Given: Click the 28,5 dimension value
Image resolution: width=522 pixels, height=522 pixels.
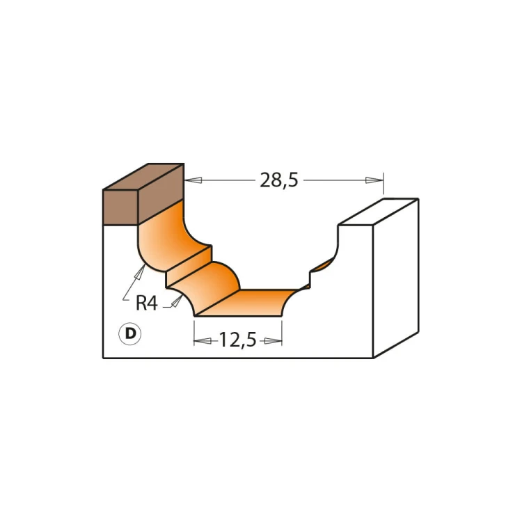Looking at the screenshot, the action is [x=278, y=180].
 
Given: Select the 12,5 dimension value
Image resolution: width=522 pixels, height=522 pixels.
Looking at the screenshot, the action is [x=238, y=340].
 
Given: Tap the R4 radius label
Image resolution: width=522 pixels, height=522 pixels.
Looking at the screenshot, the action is [x=146, y=303].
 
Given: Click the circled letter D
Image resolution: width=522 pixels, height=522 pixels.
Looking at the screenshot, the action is [x=130, y=333].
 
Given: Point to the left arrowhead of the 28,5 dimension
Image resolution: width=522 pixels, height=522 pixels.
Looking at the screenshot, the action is [x=193, y=180].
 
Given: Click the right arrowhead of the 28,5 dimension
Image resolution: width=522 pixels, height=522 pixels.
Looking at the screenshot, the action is [x=374, y=180].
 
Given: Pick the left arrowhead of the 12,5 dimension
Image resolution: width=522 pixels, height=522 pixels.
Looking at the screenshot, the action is [x=203, y=341].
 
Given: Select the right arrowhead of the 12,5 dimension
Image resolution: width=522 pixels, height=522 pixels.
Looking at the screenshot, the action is [x=274, y=341].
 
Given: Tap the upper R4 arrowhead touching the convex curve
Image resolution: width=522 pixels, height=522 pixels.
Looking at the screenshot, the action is [x=140, y=271].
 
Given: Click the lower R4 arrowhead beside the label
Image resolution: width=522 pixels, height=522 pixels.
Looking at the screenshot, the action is [x=177, y=301].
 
